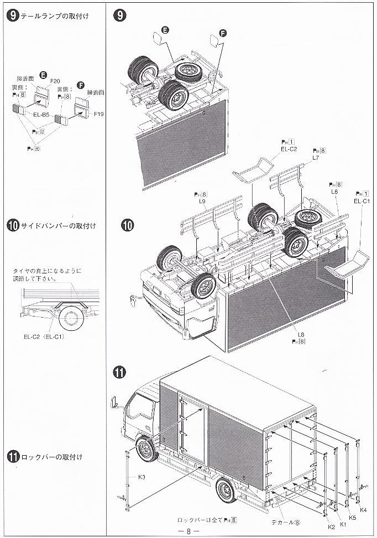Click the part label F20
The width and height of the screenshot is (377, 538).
pos(55,81)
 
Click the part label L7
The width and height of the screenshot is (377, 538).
pos(316,158)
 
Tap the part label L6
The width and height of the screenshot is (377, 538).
pos(334,191)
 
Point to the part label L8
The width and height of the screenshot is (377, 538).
pos(301,335)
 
